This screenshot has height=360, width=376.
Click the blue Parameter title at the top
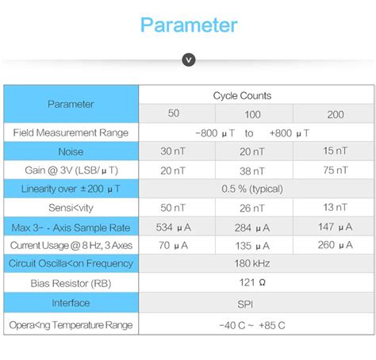tap(188, 25)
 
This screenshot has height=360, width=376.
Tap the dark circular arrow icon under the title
tap(188, 60)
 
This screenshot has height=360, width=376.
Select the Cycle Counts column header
tap(242, 96)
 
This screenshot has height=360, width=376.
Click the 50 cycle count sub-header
tap(174, 113)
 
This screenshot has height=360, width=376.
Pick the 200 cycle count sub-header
tap(336, 114)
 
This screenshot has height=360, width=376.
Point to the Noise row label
tap(71, 151)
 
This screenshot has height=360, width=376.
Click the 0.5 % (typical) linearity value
tap(255, 190)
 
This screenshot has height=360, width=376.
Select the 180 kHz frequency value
tap(255, 264)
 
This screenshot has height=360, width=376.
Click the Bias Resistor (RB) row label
tap(71, 283)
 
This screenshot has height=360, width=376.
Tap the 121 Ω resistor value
tap(255, 283)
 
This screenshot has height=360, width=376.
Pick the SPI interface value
tap(255, 303)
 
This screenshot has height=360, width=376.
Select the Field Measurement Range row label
tap(71, 132)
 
